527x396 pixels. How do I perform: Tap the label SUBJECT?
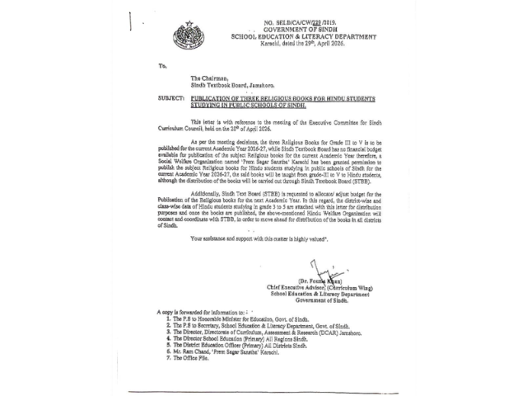point(170,97)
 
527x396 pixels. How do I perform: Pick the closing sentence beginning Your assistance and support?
point(259,238)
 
